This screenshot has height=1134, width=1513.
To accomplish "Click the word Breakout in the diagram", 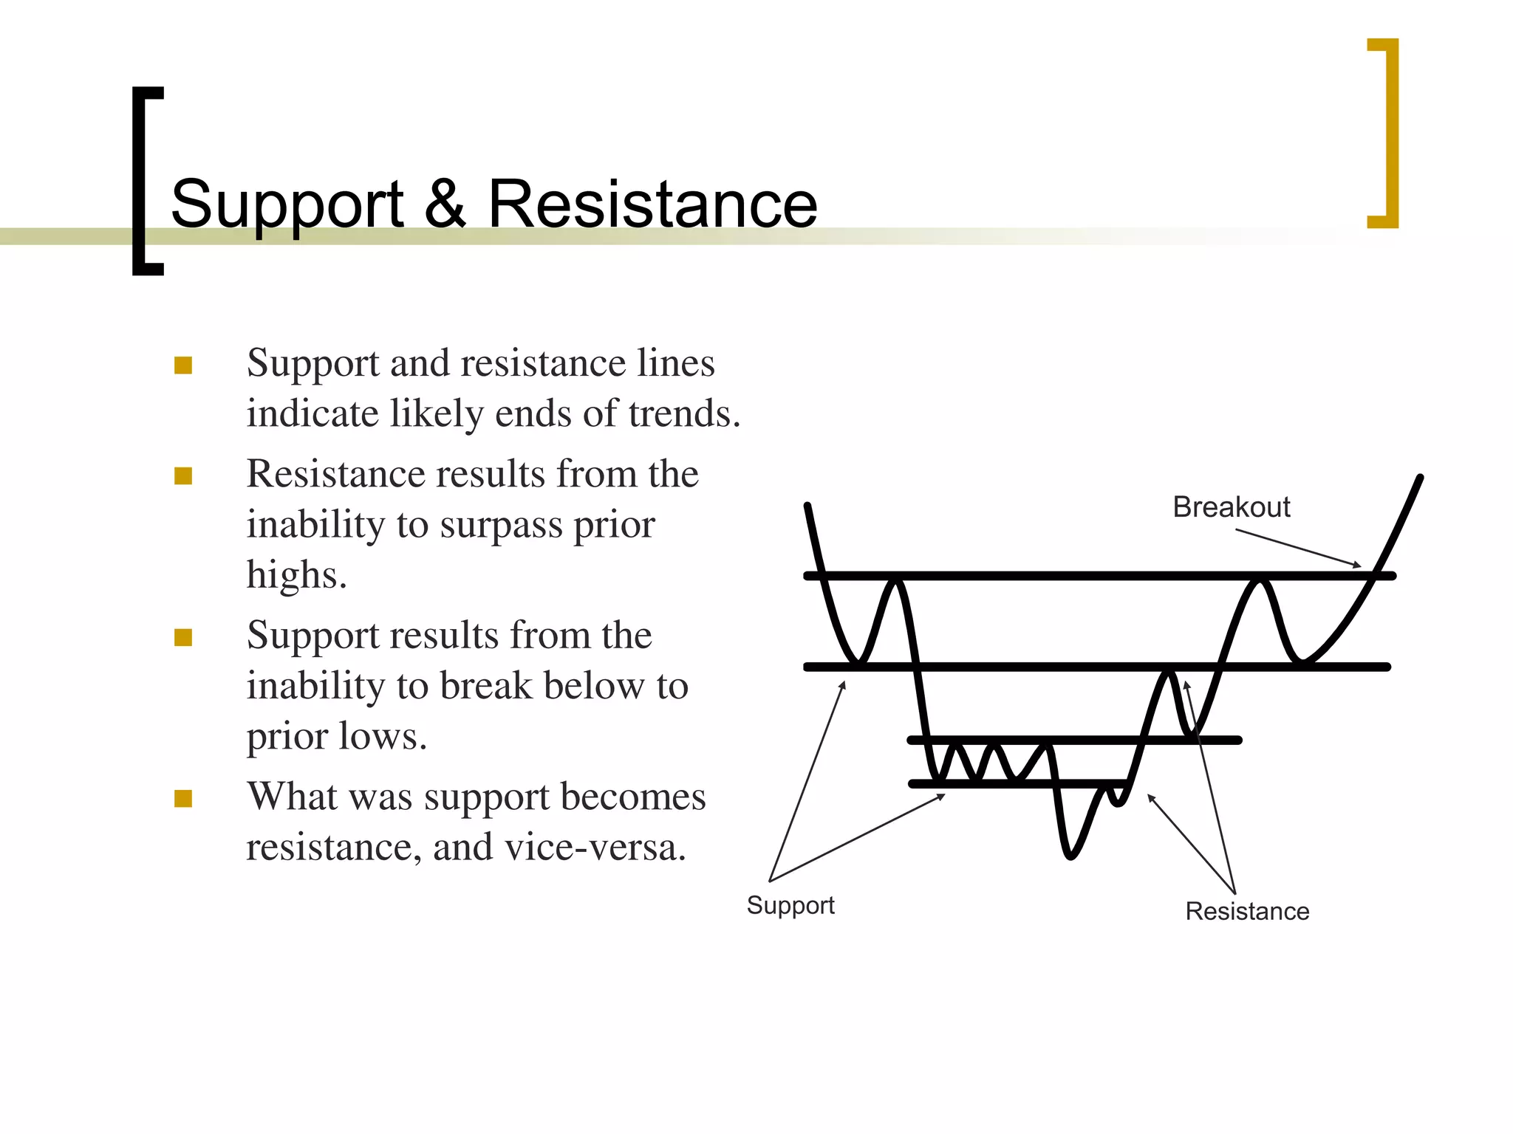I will coord(1231,507).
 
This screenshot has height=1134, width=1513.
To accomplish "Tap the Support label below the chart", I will coord(790,905).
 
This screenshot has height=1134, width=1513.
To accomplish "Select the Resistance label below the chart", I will coord(1247,911).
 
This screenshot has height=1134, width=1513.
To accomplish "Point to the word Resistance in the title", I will coord(652,204).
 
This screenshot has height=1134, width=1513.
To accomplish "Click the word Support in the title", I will coord(287,205).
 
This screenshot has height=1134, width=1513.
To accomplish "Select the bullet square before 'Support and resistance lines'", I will coord(183,365).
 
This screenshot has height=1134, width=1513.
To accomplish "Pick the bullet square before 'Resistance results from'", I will coord(183,476).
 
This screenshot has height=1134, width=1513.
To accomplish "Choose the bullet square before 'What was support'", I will coord(183,799).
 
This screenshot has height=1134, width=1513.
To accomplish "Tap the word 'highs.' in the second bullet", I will coord(296,575).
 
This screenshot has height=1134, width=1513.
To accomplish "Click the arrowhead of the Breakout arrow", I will coord(1357,566).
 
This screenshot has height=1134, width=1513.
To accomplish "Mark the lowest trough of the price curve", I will coord(1070,856).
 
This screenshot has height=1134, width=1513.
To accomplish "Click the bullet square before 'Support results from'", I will coord(183,638).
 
